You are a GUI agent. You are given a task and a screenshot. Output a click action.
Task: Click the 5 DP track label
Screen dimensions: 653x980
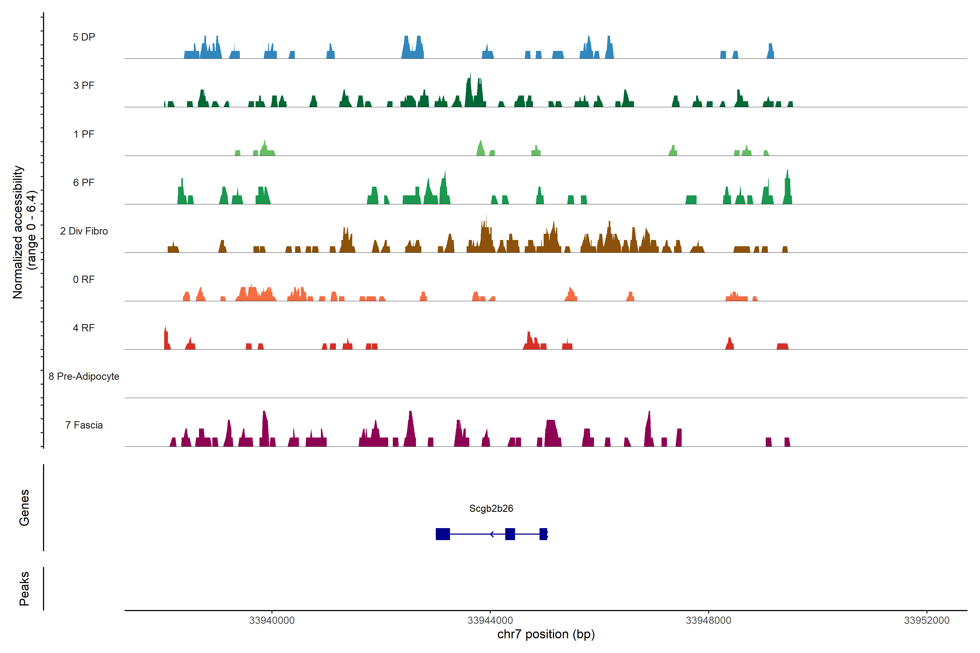[x=84, y=37]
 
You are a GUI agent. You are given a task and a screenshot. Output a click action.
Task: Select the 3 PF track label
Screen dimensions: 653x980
[x=84, y=85]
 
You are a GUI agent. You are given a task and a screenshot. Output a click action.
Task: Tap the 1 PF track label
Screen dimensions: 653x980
[x=84, y=134]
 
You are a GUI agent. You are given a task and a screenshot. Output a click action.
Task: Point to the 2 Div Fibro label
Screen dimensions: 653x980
[x=84, y=231]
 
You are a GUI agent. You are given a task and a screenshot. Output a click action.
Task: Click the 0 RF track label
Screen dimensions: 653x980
[x=84, y=279]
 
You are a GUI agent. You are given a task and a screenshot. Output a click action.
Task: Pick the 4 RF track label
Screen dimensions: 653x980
[x=84, y=328]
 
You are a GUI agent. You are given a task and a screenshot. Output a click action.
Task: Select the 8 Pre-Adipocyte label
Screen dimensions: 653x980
[x=84, y=377]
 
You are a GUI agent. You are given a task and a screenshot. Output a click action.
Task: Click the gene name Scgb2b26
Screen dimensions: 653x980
[x=491, y=509]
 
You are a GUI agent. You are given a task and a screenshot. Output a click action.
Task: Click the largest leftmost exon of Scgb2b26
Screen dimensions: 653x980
[x=443, y=534]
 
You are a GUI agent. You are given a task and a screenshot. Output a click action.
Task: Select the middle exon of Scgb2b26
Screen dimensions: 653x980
[x=510, y=534]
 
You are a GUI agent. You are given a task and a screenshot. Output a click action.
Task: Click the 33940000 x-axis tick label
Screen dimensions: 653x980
[x=272, y=621]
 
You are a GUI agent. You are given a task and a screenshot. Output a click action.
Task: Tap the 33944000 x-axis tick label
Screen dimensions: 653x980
[x=490, y=621]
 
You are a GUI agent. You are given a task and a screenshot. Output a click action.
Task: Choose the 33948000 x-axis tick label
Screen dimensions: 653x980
[x=708, y=621]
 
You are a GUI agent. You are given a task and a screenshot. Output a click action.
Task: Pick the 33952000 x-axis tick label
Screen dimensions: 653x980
[x=927, y=621]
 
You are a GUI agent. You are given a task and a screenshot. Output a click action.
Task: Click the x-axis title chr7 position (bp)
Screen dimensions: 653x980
[x=546, y=634]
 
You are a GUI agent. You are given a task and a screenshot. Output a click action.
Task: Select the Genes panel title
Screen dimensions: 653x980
[x=24, y=508]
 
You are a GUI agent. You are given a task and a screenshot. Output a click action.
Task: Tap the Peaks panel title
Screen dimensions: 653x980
[x=24, y=589]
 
